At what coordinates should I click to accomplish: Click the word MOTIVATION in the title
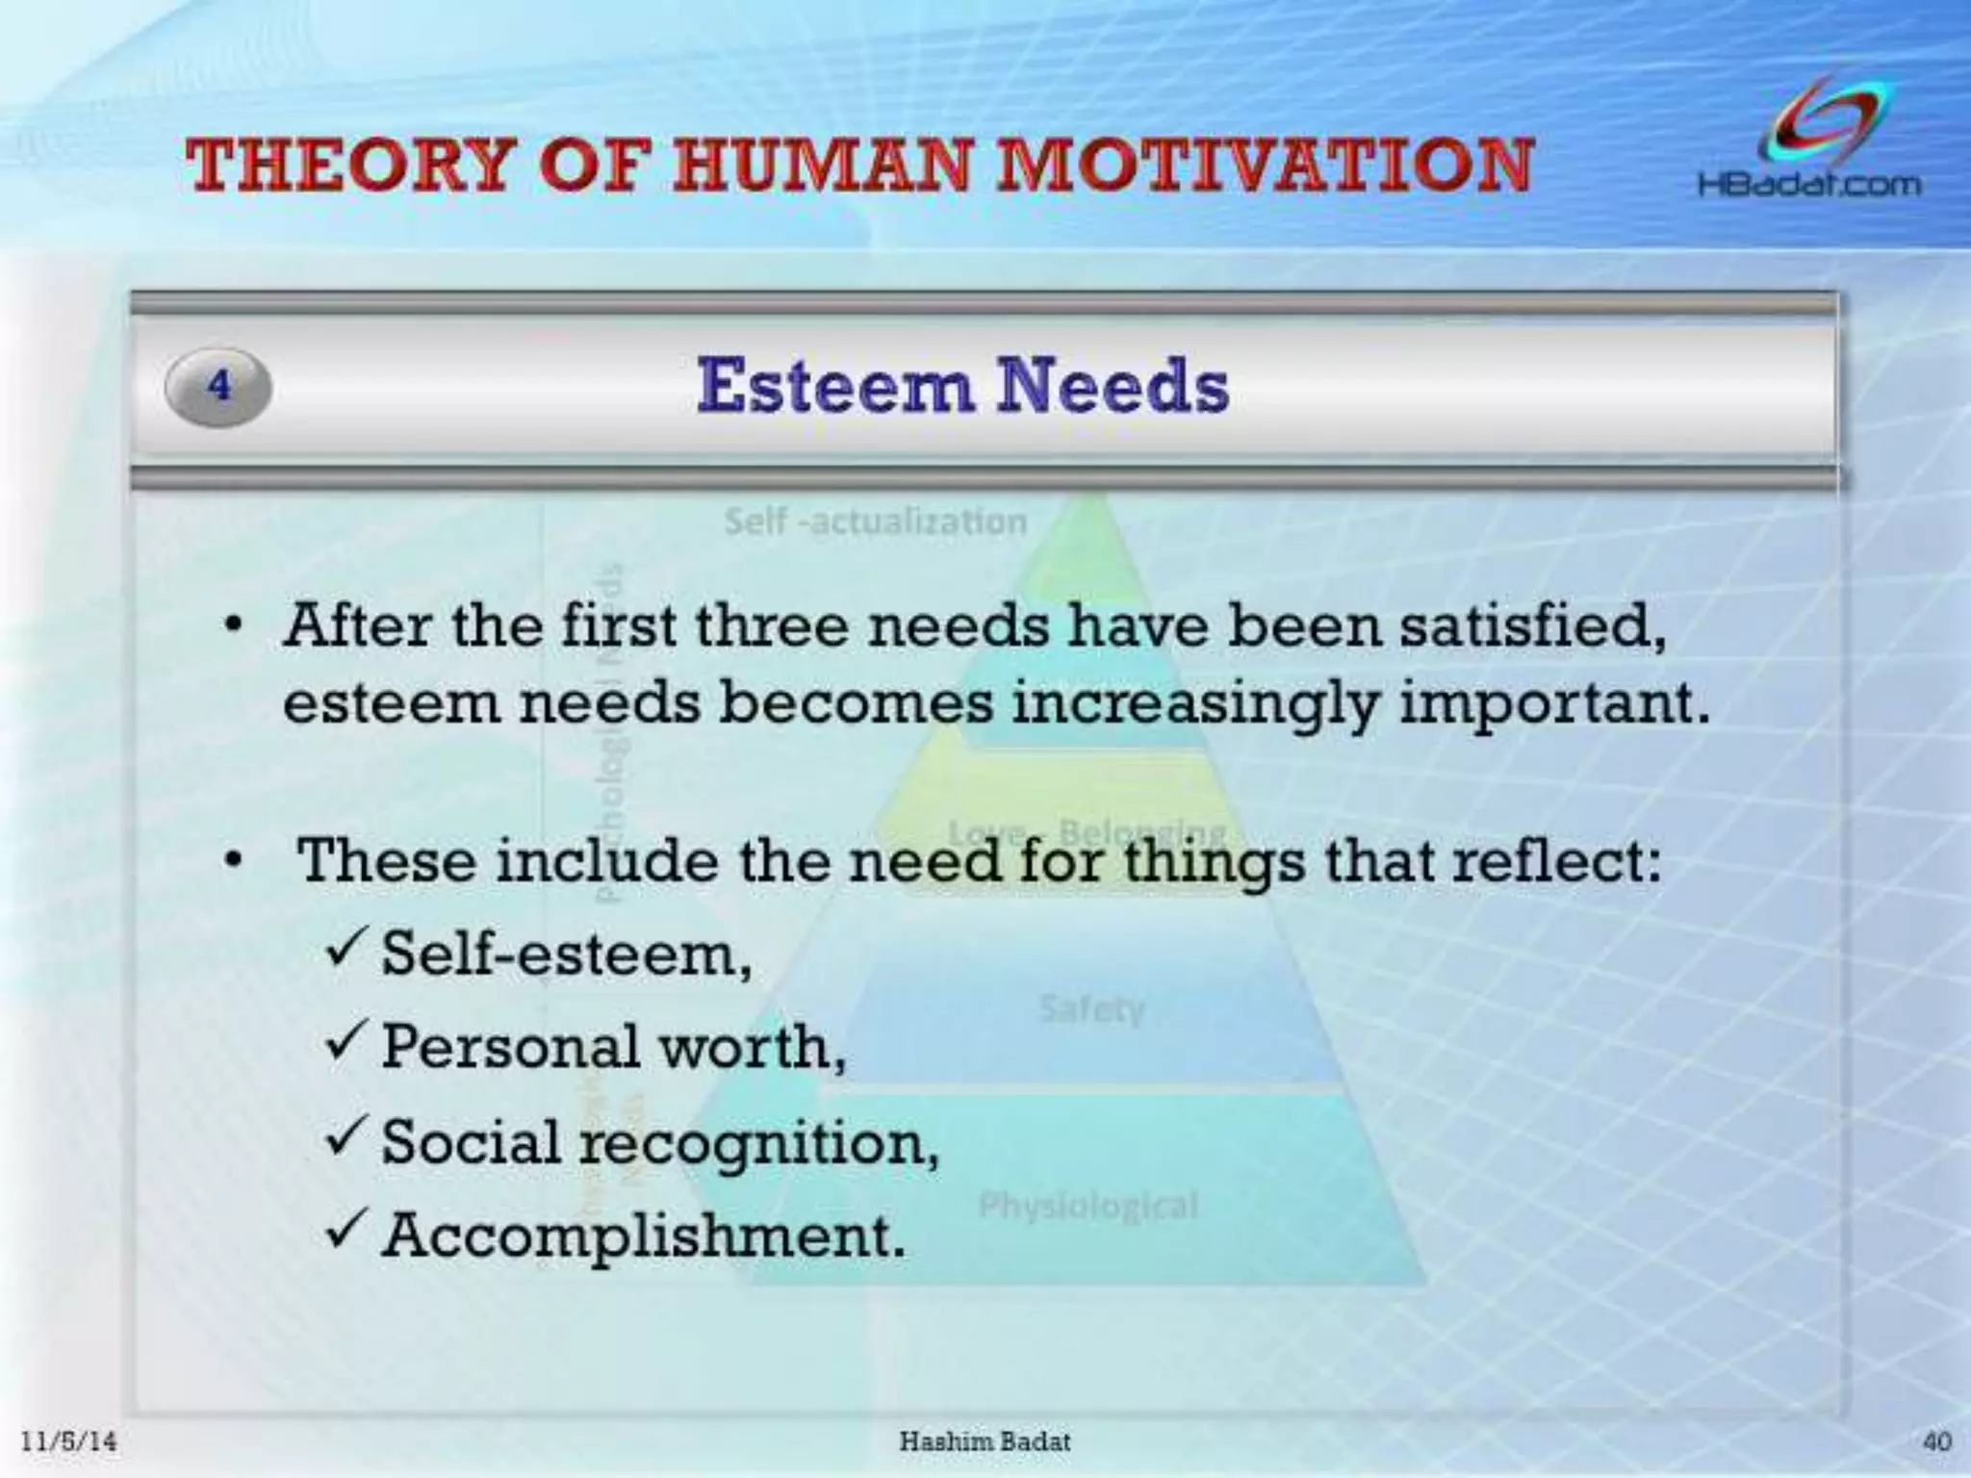click(1263, 165)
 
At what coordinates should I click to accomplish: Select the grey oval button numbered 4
click(218, 387)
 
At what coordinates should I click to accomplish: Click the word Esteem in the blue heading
click(833, 387)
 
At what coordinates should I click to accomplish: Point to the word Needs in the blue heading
click(1113, 387)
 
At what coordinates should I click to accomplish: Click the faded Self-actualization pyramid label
click(875, 522)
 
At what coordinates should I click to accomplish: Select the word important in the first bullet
click(1553, 703)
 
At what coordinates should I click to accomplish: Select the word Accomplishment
click(643, 1235)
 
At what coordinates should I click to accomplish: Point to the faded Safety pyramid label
click(1091, 1009)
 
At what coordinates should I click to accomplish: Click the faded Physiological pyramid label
click(1088, 1205)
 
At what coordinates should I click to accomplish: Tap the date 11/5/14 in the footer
click(68, 1440)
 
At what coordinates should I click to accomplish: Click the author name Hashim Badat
click(984, 1440)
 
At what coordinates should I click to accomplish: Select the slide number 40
click(1935, 1440)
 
